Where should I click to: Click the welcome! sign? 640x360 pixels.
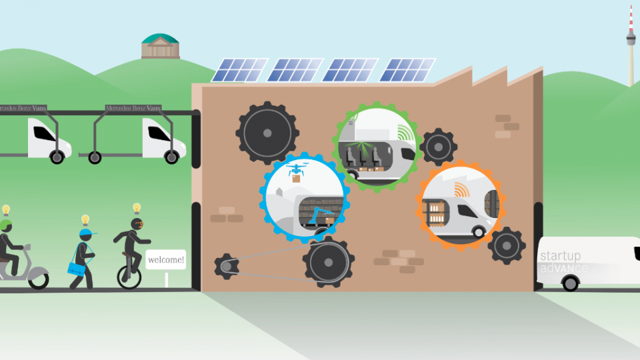166,259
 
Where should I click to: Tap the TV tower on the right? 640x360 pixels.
630,40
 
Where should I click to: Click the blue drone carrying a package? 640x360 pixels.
295,173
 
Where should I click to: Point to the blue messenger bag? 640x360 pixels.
76,269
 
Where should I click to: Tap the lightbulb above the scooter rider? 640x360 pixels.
6,210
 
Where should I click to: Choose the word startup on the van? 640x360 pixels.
560,256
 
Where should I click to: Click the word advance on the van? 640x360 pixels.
564,268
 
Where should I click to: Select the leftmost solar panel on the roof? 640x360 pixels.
239,70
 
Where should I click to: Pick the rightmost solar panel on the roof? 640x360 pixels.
407,70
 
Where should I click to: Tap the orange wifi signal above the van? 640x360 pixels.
461,190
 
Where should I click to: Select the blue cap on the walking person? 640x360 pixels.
85,234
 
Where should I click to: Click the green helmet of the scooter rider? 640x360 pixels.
6,225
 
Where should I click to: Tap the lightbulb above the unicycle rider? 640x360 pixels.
137,209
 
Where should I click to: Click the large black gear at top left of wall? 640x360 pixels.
267,133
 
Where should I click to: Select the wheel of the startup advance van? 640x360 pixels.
570,283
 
